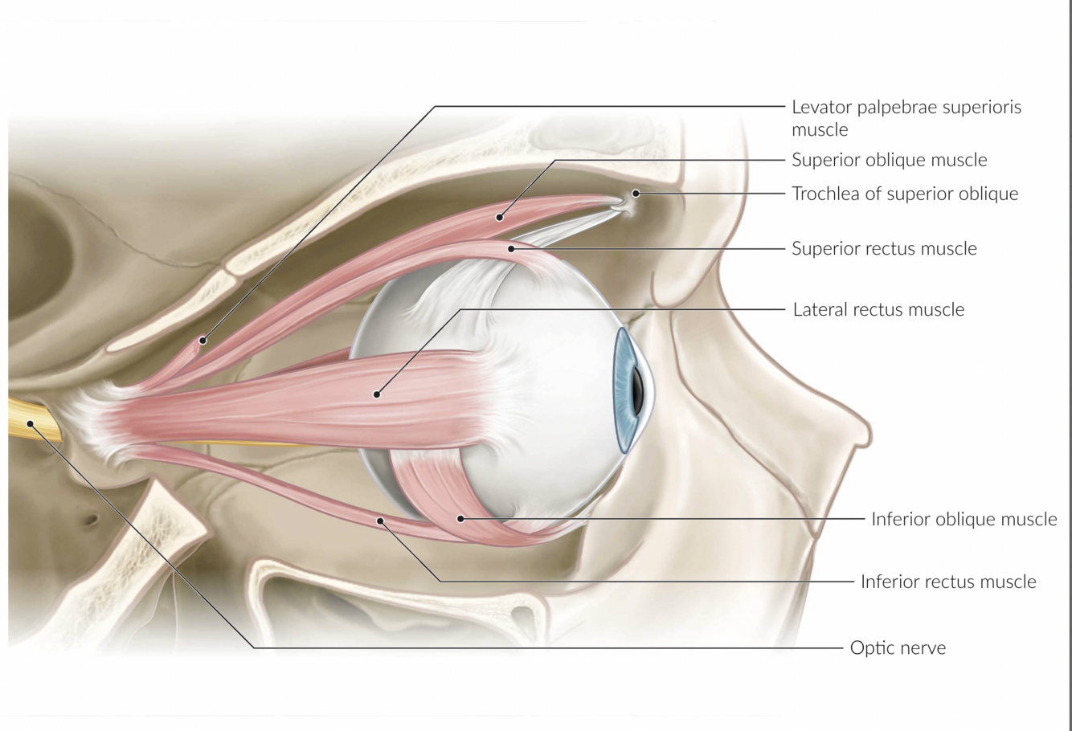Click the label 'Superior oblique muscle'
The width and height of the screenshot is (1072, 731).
pos(889,160)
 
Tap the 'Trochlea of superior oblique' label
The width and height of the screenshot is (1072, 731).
pos(905,194)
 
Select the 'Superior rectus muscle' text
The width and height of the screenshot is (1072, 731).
pos(884,248)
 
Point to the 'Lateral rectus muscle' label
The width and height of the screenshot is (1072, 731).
pos(878,309)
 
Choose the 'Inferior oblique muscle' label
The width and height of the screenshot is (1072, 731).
pos(964,519)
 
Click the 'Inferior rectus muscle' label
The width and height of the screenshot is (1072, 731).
pos(948,582)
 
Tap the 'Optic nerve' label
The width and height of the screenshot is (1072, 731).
pos(898,647)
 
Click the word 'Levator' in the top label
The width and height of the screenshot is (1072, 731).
pos(821,107)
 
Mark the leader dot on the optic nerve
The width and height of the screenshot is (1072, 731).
pos(31,423)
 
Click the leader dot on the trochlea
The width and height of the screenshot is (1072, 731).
pos(636,194)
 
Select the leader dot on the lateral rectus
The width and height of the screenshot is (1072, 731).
pos(376,394)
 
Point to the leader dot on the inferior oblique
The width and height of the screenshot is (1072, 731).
pos(460,519)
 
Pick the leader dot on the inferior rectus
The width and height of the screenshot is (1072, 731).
pos(381,521)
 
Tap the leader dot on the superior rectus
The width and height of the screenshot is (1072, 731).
pos(511,249)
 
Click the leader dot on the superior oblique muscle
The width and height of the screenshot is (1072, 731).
pos(499,217)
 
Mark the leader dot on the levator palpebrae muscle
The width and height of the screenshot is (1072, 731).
pos(203,341)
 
